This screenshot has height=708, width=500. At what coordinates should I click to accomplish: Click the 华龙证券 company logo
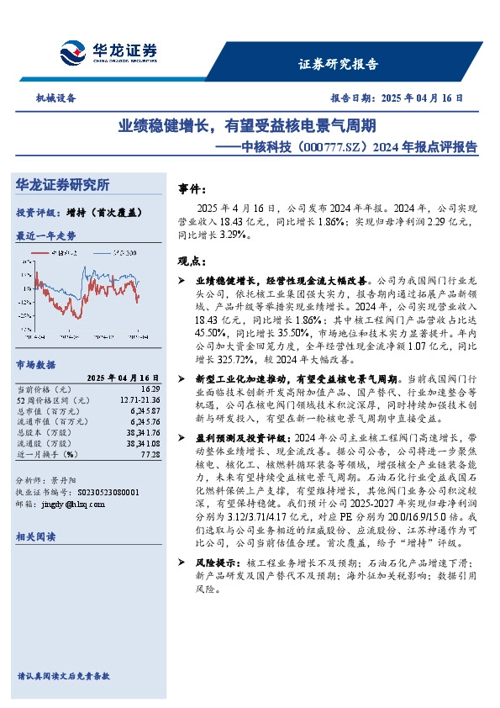coord(108,52)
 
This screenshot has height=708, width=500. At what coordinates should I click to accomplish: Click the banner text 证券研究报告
coord(339,64)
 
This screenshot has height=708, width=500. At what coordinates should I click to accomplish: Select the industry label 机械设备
coord(55,98)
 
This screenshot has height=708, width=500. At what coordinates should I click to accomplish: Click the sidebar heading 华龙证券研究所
coord(62,185)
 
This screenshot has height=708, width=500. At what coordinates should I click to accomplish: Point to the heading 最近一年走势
coord(45,235)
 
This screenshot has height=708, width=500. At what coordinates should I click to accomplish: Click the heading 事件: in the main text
coord(192,189)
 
